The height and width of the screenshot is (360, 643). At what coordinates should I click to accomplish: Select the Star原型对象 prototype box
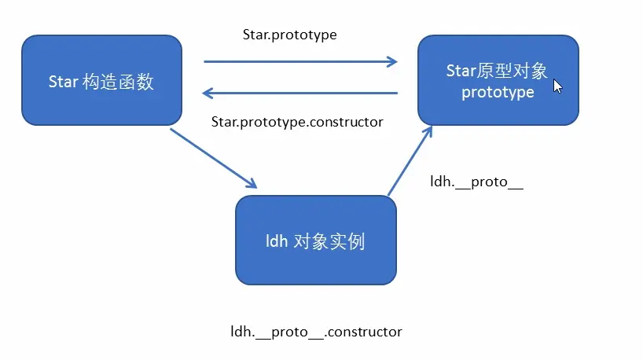tap(498, 81)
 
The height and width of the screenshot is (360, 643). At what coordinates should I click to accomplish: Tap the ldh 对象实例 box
tap(316, 241)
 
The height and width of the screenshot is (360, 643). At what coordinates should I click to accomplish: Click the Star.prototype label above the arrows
tap(290, 35)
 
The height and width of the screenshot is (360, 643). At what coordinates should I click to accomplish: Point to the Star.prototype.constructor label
tap(297, 122)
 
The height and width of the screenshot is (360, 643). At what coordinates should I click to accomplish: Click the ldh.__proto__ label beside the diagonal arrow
tap(476, 182)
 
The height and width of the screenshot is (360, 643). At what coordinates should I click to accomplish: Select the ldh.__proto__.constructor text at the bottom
tap(316, 331)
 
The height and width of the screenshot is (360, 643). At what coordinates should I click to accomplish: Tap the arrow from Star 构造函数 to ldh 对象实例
tap(213, 157)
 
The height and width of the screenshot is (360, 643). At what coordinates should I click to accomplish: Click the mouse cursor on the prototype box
tap(557, 85)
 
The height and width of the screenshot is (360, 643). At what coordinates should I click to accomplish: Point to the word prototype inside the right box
tap(498, 93)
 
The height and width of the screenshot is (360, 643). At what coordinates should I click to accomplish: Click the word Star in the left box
tap(62, 82)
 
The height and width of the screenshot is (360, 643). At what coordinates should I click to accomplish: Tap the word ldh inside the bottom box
tap(277, 241)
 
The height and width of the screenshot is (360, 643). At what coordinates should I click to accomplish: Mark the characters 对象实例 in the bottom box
tap(329, 241)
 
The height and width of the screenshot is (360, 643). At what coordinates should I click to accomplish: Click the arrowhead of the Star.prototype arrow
tap(392, 61)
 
